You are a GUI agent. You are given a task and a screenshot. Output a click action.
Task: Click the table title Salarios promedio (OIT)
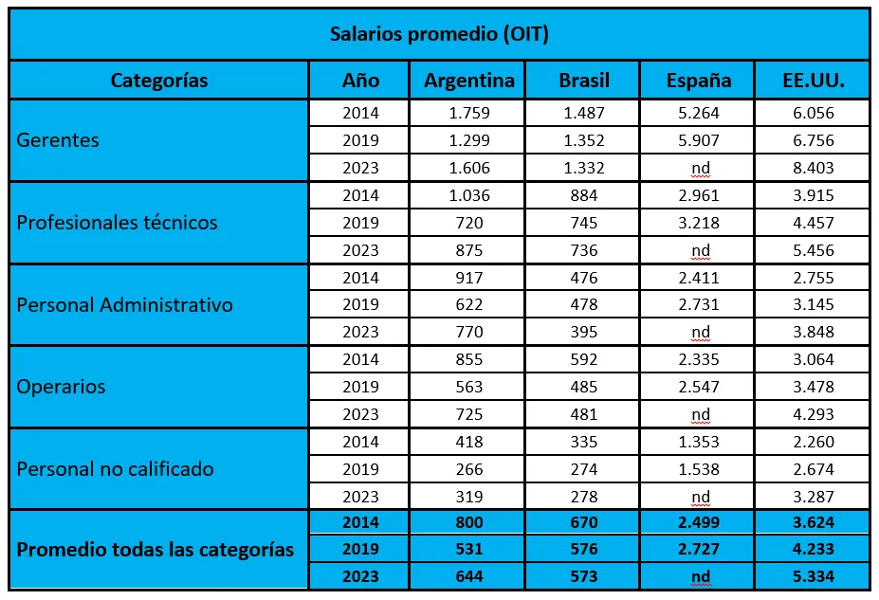[439, 34]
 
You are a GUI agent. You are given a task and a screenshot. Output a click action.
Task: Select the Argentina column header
[468, 81]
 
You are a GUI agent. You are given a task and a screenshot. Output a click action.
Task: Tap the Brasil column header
[584, 81]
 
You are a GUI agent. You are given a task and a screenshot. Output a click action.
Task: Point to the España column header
[699, 81]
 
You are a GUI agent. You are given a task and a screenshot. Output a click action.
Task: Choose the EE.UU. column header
[813, 81]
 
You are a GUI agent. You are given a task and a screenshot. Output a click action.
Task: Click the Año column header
[360, 81]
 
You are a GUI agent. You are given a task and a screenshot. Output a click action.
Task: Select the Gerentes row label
[58, 140]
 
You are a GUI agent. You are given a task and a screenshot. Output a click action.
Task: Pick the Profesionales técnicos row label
[118, 223]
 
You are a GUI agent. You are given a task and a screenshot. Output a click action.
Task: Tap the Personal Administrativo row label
[125, 305]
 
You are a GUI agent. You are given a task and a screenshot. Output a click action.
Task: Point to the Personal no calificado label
[116, 469]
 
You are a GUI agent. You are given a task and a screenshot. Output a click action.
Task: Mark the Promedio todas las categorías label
[156, 550]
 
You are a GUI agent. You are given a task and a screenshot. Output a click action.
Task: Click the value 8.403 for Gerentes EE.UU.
[813, 168]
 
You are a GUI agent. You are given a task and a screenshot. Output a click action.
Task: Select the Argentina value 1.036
[468, 195]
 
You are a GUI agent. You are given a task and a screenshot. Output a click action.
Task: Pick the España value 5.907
[700, 140]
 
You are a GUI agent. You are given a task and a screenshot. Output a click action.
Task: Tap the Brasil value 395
[584, 332]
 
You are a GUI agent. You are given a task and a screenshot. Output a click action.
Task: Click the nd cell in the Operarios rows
[701, 414]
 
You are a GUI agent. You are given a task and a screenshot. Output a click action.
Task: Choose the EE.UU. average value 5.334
[813, 577]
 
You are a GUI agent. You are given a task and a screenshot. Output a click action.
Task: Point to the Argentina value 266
[468, 469]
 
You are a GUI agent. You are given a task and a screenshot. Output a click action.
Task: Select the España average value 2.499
[700, 522]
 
